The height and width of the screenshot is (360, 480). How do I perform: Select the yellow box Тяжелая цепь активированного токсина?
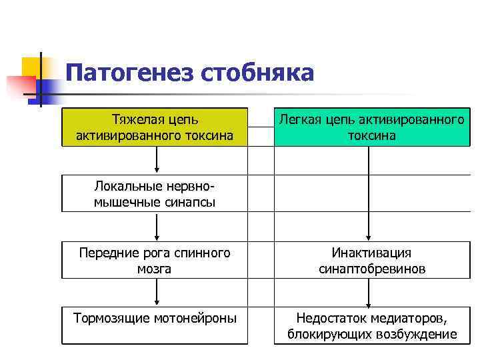[155, 127]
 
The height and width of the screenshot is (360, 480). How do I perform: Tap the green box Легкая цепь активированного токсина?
[371, 127]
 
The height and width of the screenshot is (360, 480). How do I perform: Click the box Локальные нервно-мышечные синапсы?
[155, 193]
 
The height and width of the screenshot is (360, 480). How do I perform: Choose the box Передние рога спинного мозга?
[155, 261]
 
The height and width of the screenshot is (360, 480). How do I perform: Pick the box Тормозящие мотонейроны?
[155, 325]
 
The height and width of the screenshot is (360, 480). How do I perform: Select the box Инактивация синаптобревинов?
[371, 261]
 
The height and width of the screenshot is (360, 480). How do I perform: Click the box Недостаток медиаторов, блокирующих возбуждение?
[371, 325]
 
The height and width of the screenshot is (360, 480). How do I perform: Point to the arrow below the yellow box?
[157, 160]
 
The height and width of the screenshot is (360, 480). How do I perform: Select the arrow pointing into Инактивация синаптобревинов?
[371, 193]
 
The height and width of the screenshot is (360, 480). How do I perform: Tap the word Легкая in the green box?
[300, 120]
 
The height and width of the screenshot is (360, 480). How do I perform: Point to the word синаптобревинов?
[372, 269]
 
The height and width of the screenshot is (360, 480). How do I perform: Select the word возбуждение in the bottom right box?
[418, 334]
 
